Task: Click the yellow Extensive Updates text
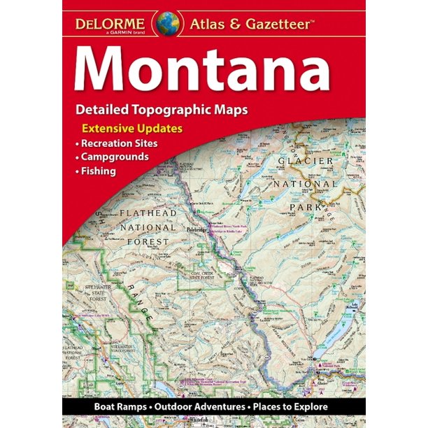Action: click(x=132, y=129)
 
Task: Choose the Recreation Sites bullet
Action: click(x=118, y=143)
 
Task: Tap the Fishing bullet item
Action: click(x=97, y=171)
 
